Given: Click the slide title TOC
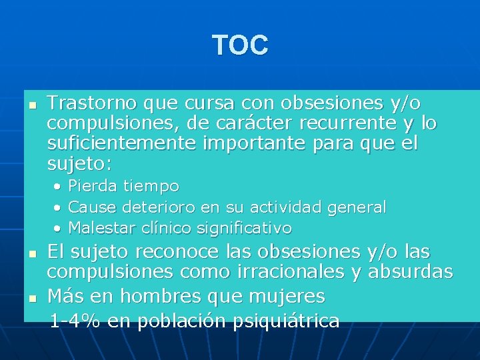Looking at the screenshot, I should (x=240, y=45).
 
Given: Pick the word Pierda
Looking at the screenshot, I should (x=91, y=186).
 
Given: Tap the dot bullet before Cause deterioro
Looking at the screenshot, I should (x=59, y=207).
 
